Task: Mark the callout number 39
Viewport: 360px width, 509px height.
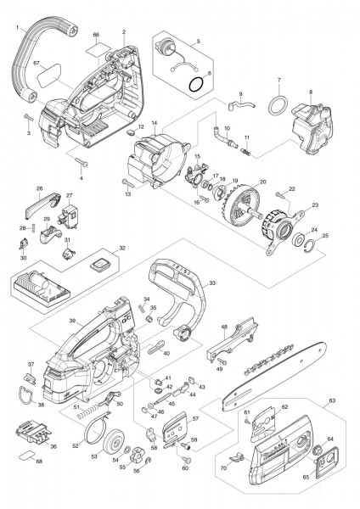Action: pyautogui.click(x=74, y=322)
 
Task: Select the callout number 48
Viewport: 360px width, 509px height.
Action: pyautogui.click(x=224, y=327)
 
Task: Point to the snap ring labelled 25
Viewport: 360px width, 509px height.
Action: pyautogui.click(x=312, y=249)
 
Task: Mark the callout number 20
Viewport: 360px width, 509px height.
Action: pyautogui.click(x=262, y=182)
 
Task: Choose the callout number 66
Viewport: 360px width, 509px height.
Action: pyautogui.click(x=96, y=36)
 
